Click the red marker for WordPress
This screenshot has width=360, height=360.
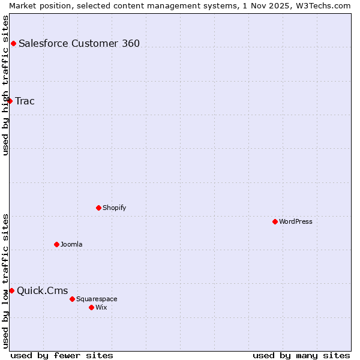275,221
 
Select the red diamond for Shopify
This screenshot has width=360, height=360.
98,208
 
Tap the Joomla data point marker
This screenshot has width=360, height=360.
56,244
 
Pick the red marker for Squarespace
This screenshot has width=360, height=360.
72,299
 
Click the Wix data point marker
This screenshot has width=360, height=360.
91,307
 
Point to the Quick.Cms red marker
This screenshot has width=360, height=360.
11,290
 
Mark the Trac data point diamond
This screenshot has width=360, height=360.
10,101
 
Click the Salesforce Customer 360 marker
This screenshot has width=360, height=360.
13,43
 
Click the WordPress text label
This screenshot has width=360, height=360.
296,221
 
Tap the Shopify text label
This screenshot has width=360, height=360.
114,208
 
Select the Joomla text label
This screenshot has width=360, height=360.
71,244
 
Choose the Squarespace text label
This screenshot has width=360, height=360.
97,299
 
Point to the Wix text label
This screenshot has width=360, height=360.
101,307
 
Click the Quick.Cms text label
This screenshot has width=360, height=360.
42,291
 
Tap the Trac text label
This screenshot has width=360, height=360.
25,101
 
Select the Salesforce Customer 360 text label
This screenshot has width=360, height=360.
79,43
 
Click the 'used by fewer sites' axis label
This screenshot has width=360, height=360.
62,355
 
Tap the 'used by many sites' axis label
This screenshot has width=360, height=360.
301,355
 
